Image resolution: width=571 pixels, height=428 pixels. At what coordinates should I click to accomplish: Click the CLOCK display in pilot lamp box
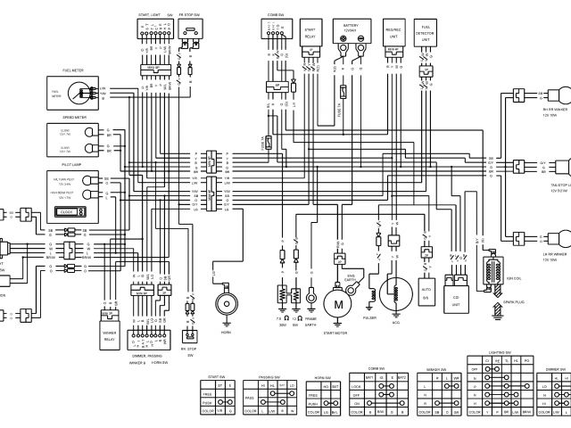tap(67, 210)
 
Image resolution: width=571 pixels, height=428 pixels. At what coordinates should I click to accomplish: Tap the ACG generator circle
tap(390, 293)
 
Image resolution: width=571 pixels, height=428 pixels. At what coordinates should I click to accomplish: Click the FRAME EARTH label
tap(311, 322)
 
